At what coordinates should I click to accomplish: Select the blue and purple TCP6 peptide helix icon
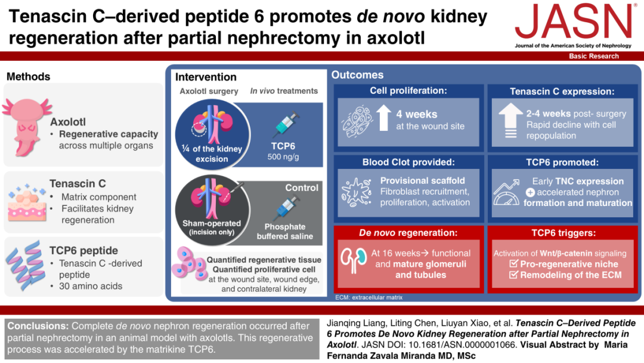(x=26, y=265)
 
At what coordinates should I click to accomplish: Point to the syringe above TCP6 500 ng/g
(x=286, y=125)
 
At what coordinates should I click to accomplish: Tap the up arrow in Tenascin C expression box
(x=510, y=120)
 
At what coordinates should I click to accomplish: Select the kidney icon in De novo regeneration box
(x=354, y=260)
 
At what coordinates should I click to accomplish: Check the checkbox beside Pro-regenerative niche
(x=513, y=263)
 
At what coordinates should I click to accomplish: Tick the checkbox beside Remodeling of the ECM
(x=513, y=274)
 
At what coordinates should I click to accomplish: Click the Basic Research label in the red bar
(x=593, y=56)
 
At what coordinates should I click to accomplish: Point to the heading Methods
(x=29, y=76)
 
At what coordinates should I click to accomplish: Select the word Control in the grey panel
(x=302, y=188)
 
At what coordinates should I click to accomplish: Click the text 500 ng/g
(x=283, y=156)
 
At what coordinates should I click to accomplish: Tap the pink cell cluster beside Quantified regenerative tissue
(x=190, y=264)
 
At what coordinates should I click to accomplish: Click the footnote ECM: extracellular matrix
(x=369, y=297)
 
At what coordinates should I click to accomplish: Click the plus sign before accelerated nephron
(x=530, y=192)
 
